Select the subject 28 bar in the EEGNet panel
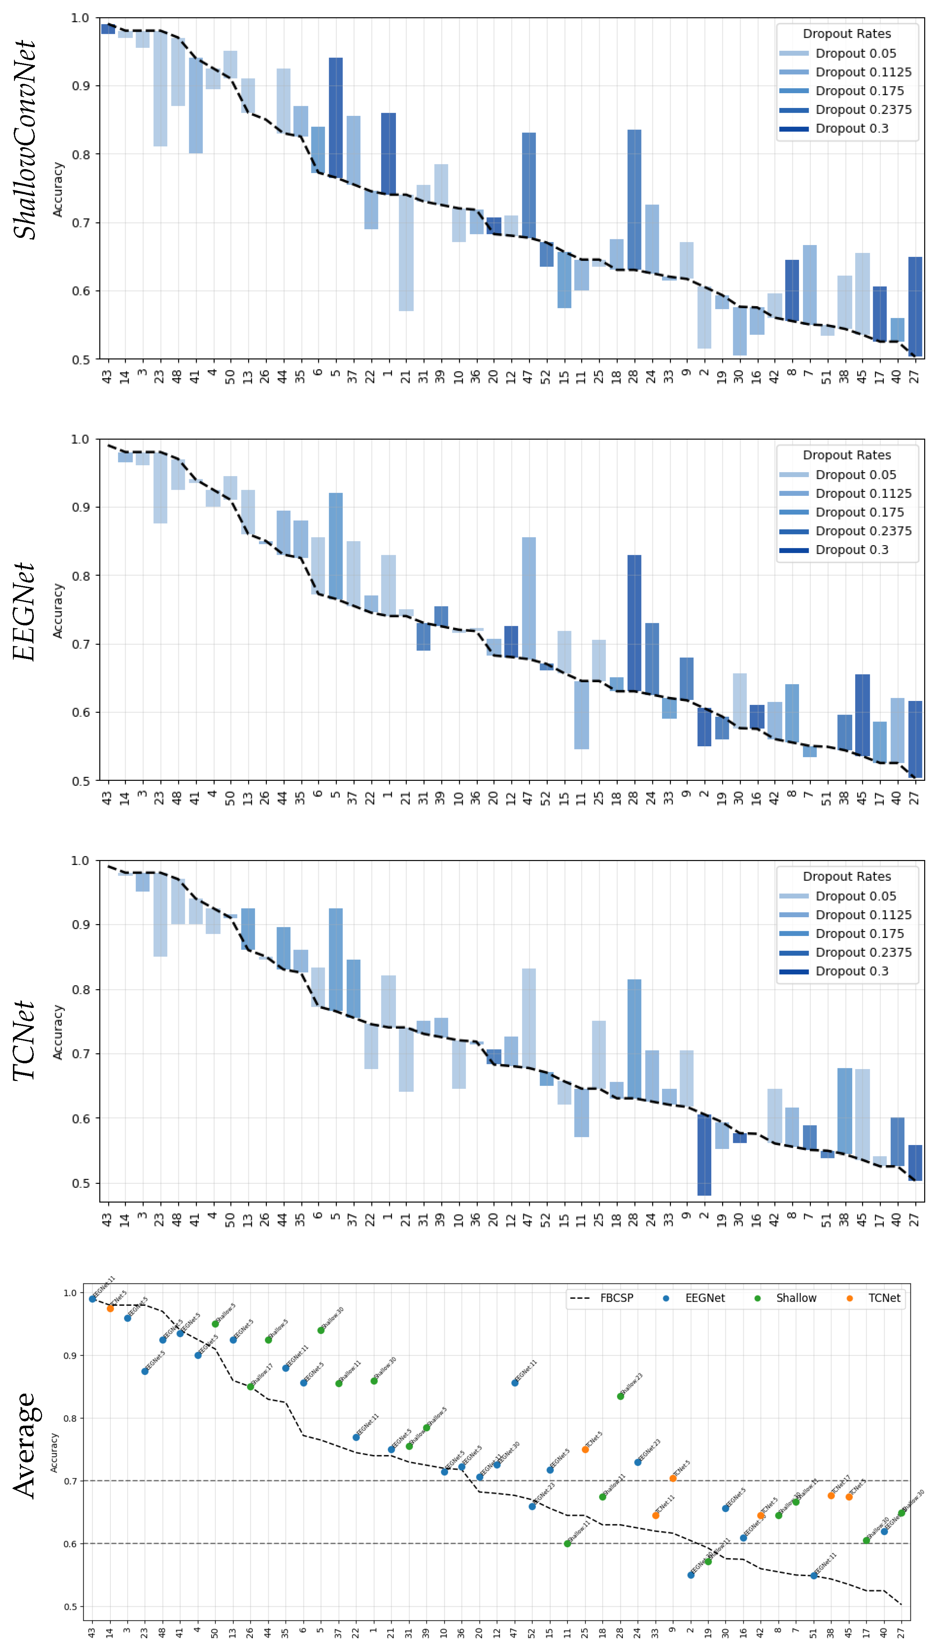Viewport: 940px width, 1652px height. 634,623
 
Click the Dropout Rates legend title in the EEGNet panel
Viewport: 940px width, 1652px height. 847,455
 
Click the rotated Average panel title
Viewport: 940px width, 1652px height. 24,1445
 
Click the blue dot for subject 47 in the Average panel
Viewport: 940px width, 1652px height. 515,1383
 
